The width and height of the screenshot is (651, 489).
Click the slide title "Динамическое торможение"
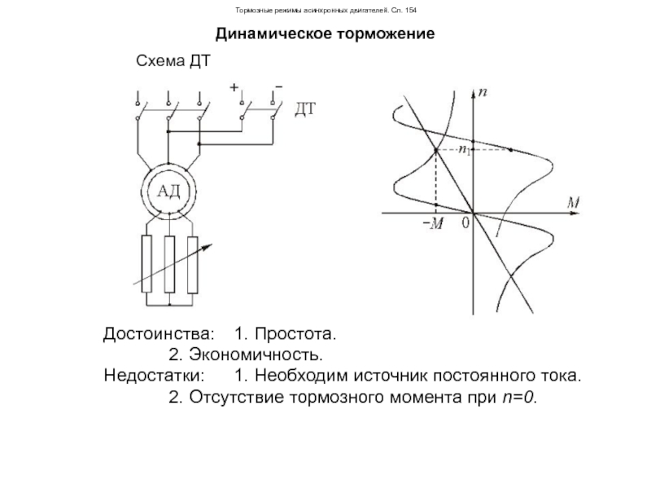325,36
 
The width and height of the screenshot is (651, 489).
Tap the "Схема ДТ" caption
167,63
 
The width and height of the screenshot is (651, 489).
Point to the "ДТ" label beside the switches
304,108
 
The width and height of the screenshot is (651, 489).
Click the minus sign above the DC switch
278,85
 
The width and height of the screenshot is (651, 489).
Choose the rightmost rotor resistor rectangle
193,265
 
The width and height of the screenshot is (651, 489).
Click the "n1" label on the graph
464,151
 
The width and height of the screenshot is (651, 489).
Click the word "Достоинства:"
160,335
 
